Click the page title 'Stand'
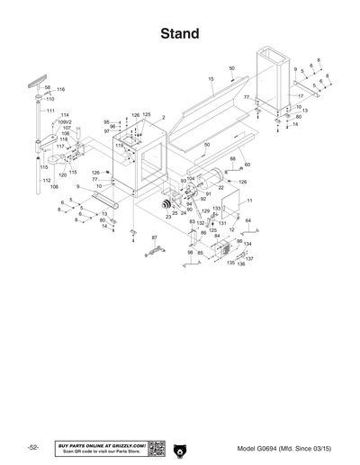click(179, 34)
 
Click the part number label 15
click(211, 80)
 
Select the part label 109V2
click(65, 122)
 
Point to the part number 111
click(51, 110)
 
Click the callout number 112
click(46, 179)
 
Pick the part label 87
click(154, 237)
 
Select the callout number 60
click(247, 165)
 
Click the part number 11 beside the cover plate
click(249, 201)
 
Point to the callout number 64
click(247, 220)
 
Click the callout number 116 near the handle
click(61, 90)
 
